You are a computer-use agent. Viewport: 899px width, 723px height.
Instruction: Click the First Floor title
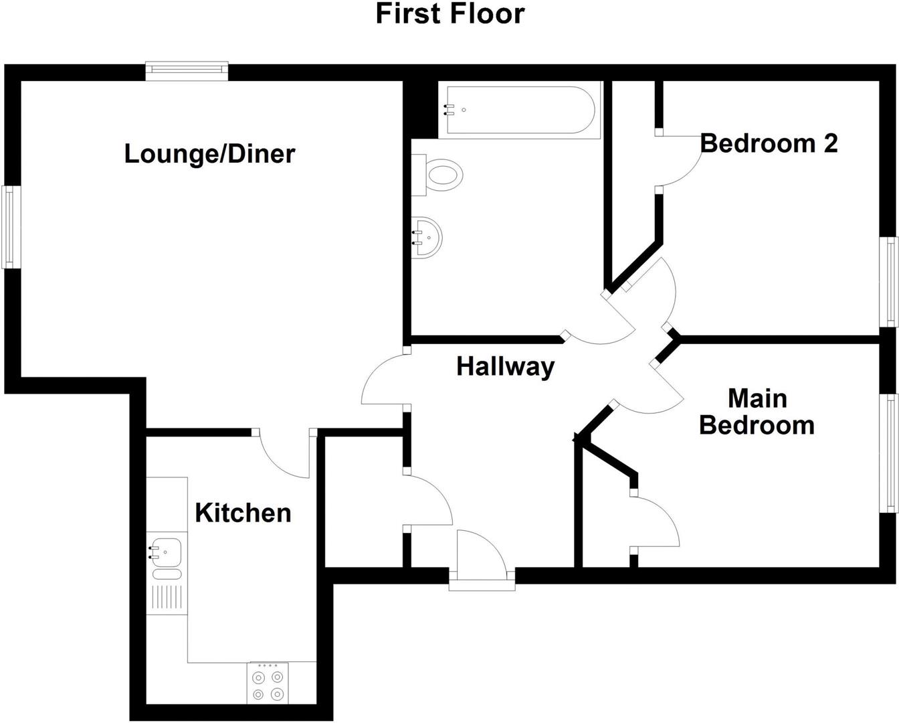[x=449, y=13]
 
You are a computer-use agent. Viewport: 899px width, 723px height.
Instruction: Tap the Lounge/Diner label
[x=209, y=154]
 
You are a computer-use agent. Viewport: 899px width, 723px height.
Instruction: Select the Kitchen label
[x=243, y=513]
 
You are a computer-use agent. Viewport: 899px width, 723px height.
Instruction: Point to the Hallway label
[x=505, y=366]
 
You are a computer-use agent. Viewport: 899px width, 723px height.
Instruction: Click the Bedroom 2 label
[x=769, y=143]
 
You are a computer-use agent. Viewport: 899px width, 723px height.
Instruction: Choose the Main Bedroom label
[x=757, y=412]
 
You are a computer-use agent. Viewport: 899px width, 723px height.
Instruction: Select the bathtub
[x=518, y=110]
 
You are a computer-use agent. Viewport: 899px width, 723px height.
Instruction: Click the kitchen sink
[x=165, y=552]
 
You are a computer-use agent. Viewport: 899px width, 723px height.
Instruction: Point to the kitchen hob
[x=268, y=683]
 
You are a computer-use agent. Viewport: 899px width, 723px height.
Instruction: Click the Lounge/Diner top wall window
[x=187, y=71]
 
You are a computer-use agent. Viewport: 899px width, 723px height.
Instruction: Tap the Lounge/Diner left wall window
[x=9, y=227]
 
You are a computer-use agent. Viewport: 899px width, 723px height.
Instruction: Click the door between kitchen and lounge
[x=284, y=455]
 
